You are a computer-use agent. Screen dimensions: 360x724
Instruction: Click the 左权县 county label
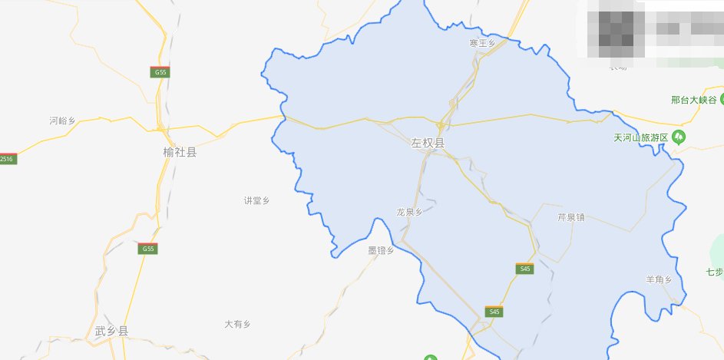point(428,143)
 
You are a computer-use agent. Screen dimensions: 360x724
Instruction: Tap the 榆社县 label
point(180,152)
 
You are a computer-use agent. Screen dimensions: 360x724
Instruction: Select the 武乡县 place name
point(111,331)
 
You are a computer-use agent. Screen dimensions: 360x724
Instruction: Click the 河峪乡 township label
point(61,121)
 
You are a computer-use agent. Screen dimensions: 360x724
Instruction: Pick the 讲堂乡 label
point(256,200)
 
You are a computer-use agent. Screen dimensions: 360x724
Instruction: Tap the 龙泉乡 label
point(409,212)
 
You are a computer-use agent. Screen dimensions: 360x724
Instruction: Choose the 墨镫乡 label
point(381,250)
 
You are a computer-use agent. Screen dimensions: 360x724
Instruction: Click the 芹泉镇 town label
point(570,217)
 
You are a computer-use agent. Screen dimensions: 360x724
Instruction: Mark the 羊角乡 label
point(659,279)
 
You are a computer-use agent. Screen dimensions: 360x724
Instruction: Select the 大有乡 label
point(238,324)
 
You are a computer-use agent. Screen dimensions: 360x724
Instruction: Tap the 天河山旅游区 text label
point(641,137)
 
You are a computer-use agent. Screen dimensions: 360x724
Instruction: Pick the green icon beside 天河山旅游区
point(679,137)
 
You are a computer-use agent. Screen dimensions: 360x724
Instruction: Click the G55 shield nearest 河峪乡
point(160,72)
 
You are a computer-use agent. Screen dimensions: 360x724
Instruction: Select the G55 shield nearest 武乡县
point(148,249)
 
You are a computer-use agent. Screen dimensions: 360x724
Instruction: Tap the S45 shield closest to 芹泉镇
point(524,269)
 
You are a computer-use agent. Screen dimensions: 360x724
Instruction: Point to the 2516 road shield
point(7,159)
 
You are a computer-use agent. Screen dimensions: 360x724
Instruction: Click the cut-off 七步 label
point(715,272)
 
